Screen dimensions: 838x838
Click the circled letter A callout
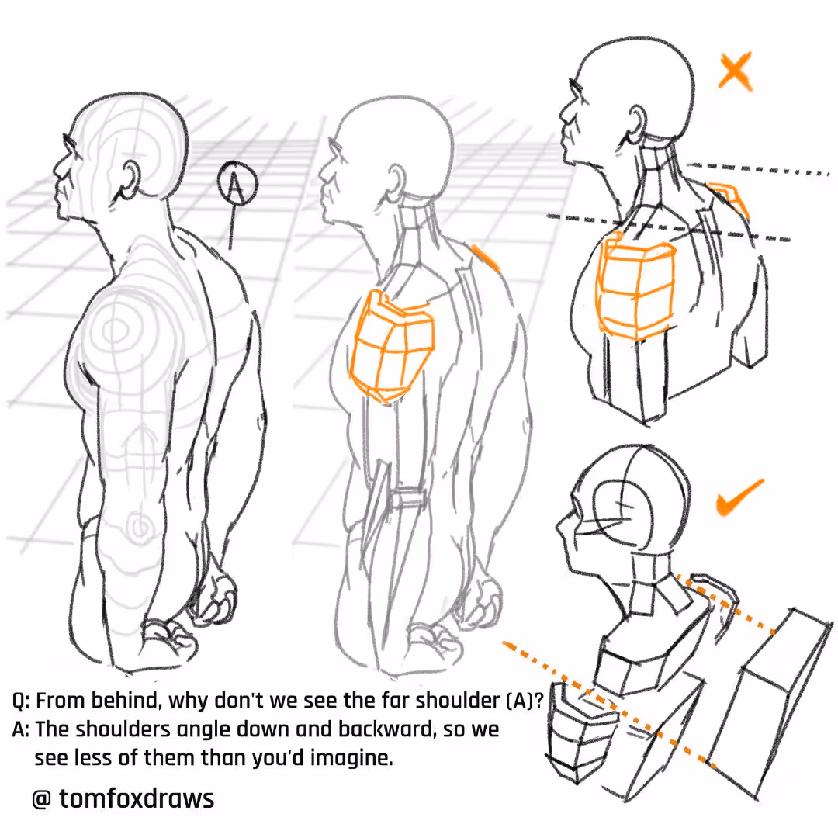237,183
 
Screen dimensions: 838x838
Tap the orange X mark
735,70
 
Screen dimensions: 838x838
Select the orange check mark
739,497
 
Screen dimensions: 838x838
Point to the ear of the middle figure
396,181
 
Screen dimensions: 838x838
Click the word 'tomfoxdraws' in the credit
137,798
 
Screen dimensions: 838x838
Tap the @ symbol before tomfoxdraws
42,799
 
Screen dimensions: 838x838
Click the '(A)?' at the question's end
525,700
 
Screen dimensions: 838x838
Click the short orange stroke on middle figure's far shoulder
485,257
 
